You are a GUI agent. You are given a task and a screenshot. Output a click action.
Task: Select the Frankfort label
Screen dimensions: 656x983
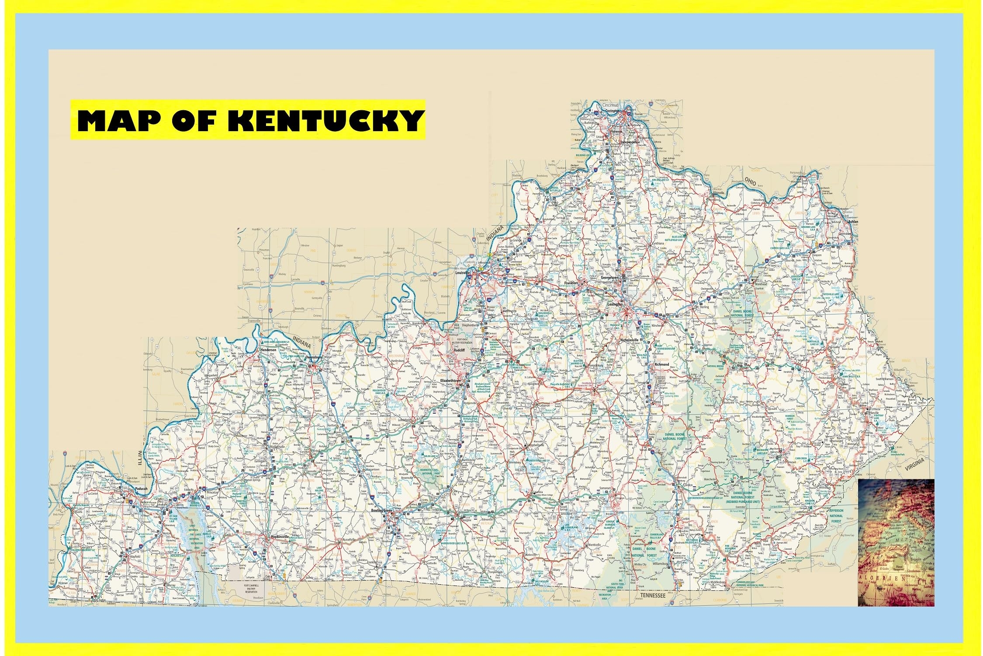[x=571, y=283]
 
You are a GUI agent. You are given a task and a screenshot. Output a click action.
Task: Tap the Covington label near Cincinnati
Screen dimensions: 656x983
[x=613, y=111]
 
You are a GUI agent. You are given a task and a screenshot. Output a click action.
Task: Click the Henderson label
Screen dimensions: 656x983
[x=268, y=350]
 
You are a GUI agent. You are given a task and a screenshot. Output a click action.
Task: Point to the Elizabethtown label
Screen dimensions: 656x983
[x=451, y=381]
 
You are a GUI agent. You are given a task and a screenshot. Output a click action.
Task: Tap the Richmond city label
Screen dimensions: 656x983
[x=661, y=364]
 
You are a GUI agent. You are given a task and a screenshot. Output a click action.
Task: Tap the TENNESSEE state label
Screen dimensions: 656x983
[x=652, y=596]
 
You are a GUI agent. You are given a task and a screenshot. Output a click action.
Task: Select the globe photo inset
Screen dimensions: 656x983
[x=896, y=542]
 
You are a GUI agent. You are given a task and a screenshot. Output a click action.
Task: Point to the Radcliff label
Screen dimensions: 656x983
[x=459, y=350]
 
